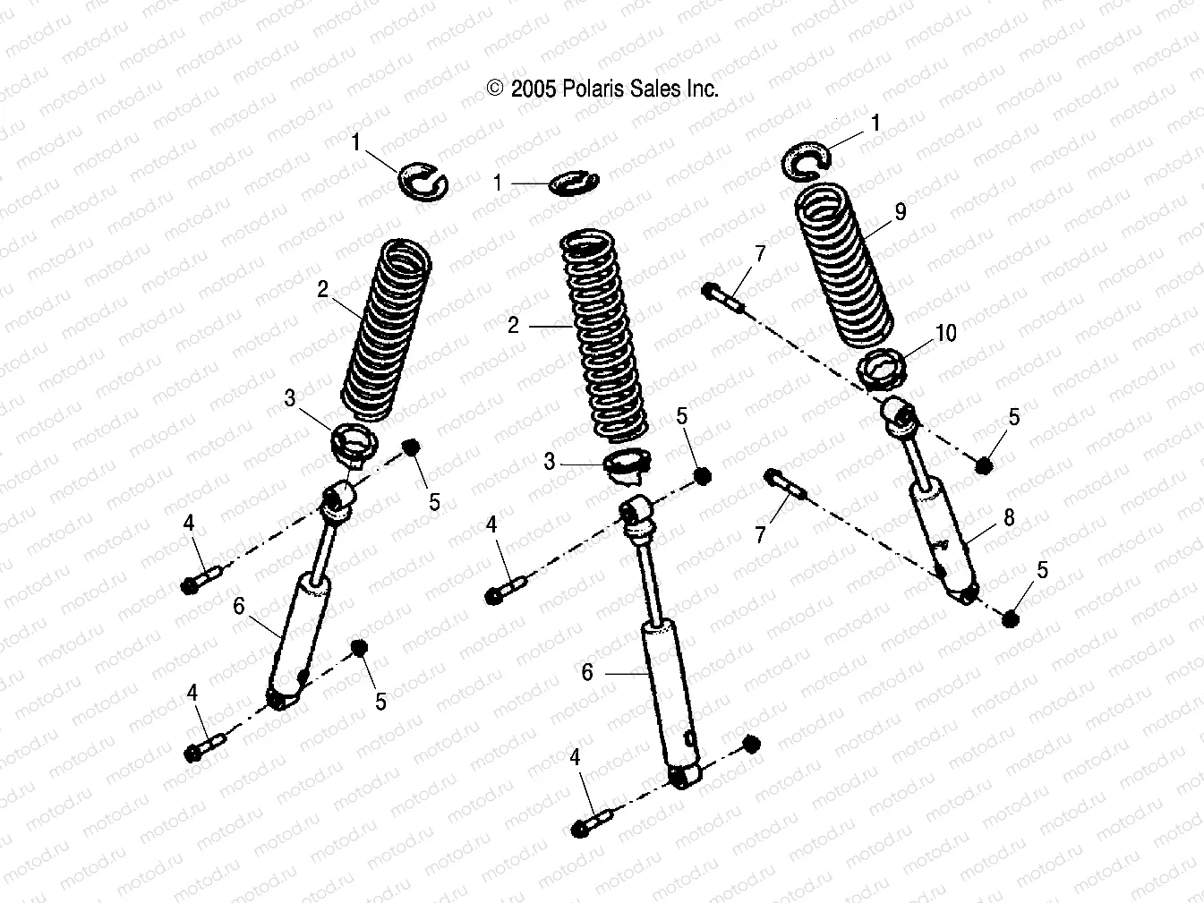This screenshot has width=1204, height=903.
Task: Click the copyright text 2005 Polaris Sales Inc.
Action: [x=602, y=89]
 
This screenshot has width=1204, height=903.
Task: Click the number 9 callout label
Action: [x=901, y=211]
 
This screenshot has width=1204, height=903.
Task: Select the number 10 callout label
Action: [x=945, y=333]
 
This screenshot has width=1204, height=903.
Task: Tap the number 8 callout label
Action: [x=1009, y=517]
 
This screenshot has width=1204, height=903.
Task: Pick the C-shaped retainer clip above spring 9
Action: [x=807, y=157]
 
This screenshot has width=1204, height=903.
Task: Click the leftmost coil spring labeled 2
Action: [x=387, y=328]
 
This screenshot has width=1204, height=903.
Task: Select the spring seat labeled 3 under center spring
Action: [x=627, y=466]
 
